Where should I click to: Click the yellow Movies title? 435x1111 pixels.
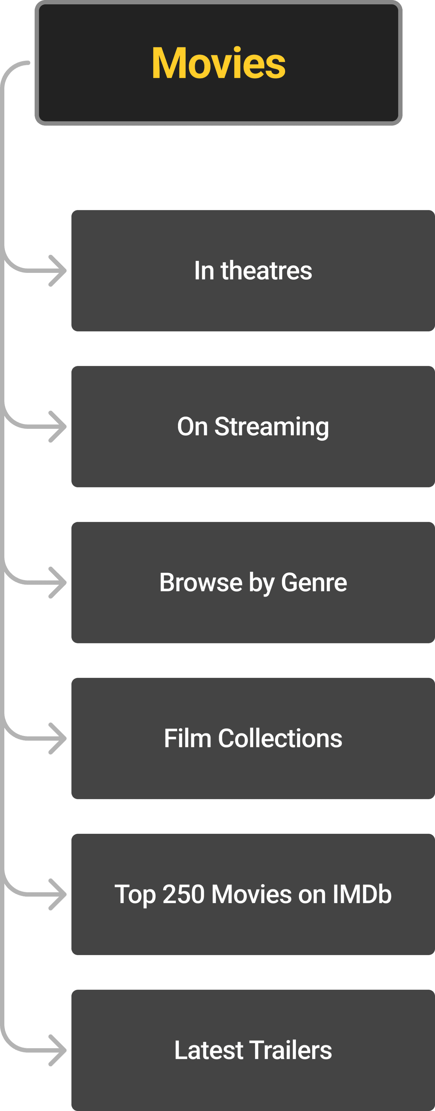click(x=218, y=63)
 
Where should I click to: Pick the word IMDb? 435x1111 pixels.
click(x=362, y=895)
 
